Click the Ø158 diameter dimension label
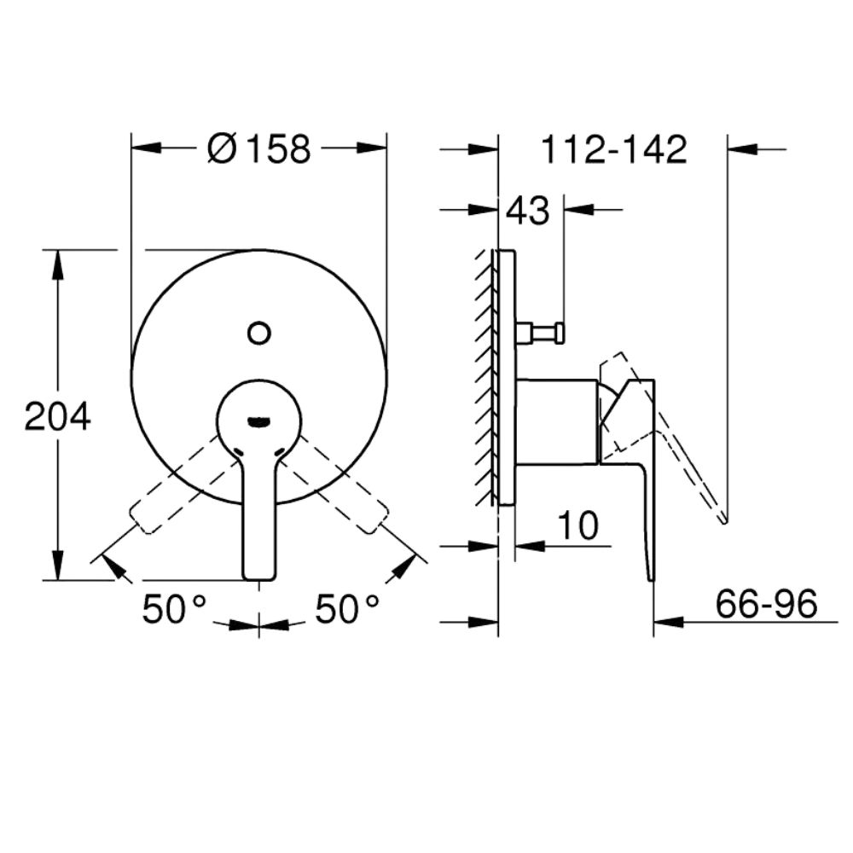259,148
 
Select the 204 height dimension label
58,417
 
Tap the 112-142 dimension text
614,149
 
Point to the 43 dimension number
528,210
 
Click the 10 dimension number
577,525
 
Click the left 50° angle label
173,608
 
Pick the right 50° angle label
346,608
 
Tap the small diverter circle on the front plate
259,333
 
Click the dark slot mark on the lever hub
258,420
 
